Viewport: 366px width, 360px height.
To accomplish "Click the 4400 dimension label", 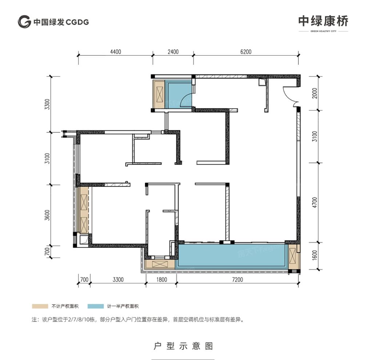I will click(x=115, y=52).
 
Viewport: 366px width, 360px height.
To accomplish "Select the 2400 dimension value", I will click(x=173, y=52).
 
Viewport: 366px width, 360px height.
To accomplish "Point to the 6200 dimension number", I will click(x=246, y=52).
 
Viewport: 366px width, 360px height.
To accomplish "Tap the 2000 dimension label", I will click(x=315, y=93).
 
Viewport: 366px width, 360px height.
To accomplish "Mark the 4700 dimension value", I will click(x=315, y=202).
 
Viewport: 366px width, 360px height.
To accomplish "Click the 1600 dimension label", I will click(x=315, y=256).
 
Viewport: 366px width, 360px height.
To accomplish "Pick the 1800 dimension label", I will click(x=161, y=280).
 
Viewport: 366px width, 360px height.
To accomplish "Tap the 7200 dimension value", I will click(x=237, y=280).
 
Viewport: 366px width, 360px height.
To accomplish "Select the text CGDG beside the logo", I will click(x=77, y=22).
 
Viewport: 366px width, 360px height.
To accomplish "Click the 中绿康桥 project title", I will click(x=323, y=21).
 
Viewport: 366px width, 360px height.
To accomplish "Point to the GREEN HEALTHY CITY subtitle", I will click(x=323, y=31).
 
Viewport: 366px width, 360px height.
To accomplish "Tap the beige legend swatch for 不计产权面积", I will click(x=40, y=306).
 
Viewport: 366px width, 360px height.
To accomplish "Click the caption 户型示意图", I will click(x=183, y=345).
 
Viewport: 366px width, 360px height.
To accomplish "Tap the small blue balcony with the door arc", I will click(x=178, y=94).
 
